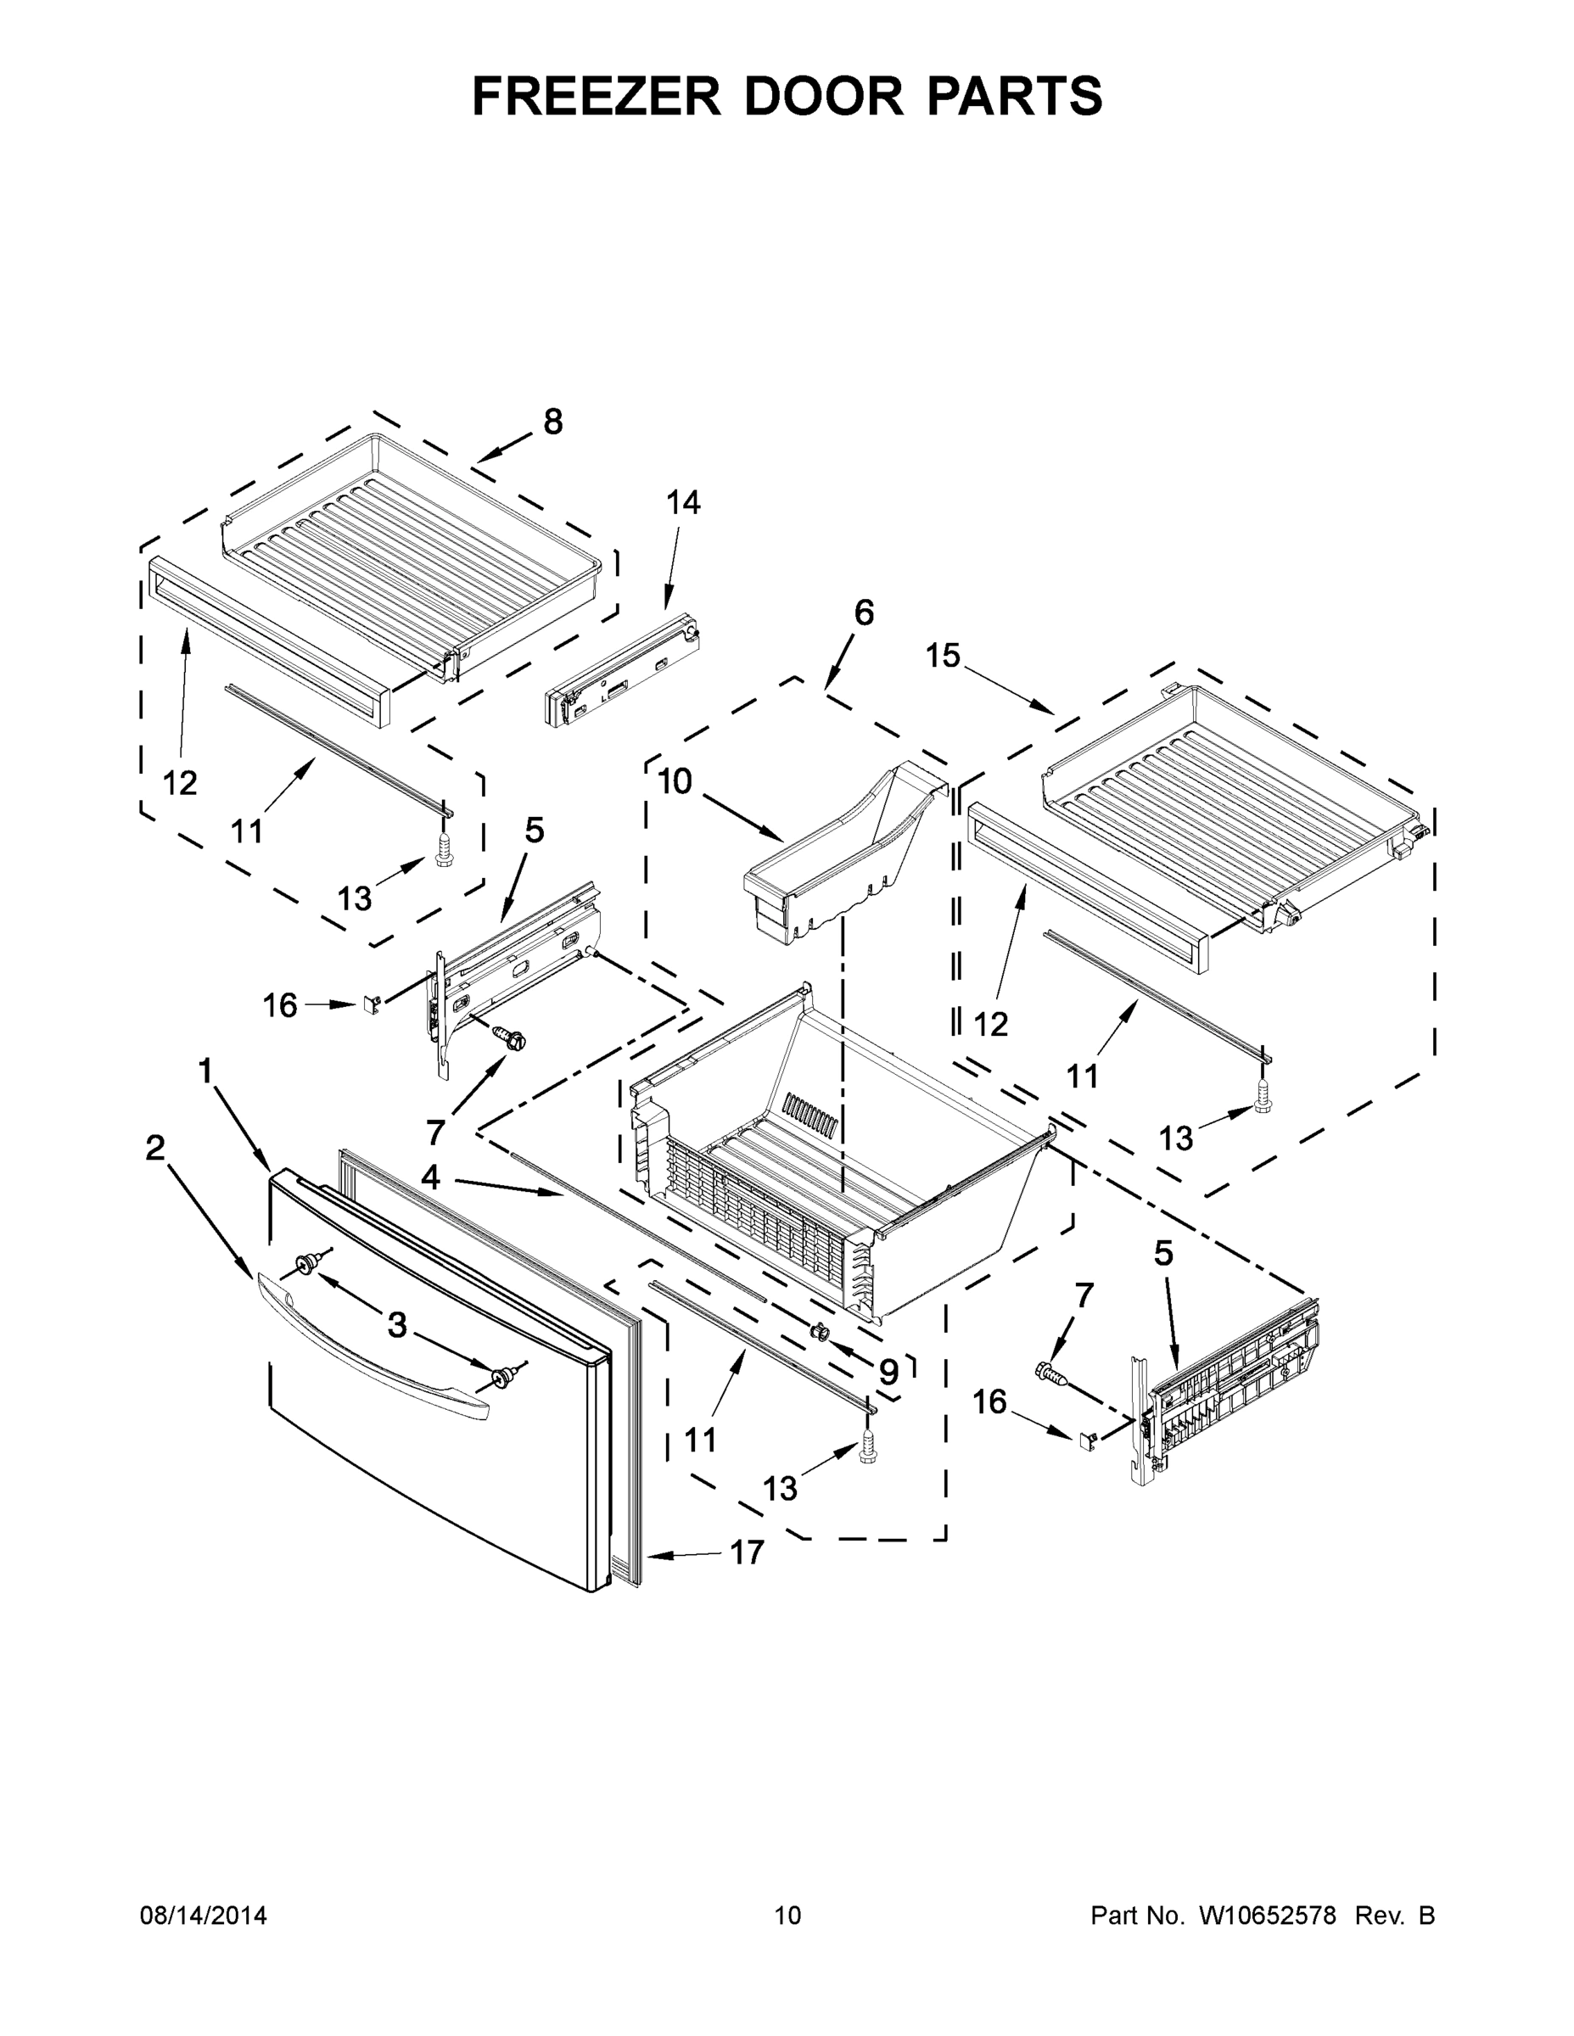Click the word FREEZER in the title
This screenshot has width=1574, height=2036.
(597, 97)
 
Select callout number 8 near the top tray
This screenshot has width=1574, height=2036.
(553, 422)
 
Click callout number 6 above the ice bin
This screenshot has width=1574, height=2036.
(864, 613)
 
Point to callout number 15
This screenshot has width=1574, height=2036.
(943, 657)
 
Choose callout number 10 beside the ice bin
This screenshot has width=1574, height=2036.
(675, 781)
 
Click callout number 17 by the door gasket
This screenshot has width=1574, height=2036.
(746, 1552)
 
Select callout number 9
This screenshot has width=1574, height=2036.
(888, 1371)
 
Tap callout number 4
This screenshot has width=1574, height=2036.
(430, 1177)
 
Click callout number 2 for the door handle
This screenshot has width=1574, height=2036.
(154, 1148)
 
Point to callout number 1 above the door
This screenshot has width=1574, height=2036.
(205, 1071)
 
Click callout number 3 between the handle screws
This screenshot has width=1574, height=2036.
(397, 1325)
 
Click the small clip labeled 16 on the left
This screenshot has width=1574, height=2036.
(370, 1004)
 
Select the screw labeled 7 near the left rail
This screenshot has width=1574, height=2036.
(507, 1036)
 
